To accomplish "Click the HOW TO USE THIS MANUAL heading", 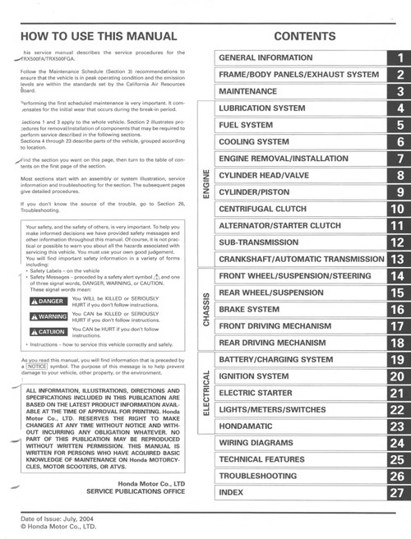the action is pos(97,36).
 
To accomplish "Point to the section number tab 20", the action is pos(398,376).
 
